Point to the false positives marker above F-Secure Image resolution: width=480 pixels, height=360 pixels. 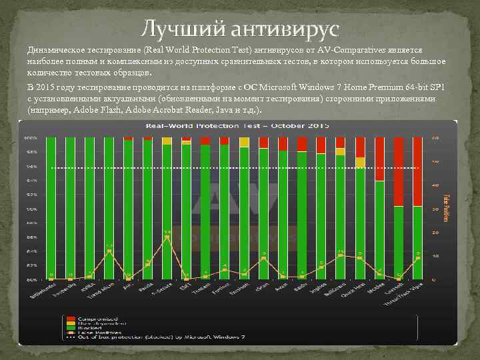(x=167, y=237)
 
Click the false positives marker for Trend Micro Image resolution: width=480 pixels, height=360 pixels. (x=109, y=251)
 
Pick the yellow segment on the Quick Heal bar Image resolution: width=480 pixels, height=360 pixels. (x=360, y=162)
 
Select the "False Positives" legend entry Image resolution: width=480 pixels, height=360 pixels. (x=100, y=332)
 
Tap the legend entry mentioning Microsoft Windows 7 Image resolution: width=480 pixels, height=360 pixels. (x=153, y=338)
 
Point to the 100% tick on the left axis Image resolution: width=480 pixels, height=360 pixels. (x=31, y=138)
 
